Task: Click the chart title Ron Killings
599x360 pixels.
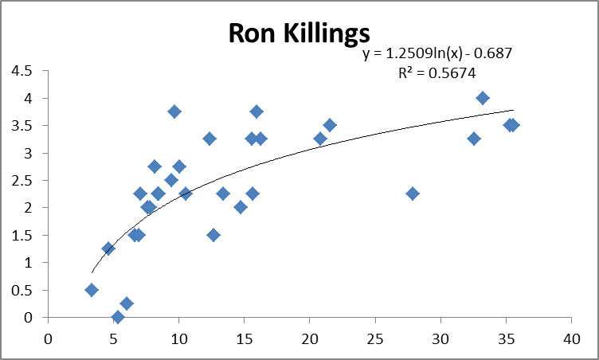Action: pyautogui.click(x=299, y=33)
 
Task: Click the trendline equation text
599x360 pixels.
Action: pyautogui.click(x=437, y=54)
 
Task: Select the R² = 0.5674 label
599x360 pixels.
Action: pyautogui.click(x=437, y=72)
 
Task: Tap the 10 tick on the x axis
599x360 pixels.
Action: pyautogui.click(x=179, y=338)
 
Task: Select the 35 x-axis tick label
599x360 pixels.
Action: pyautogui.click(x=506, y=338)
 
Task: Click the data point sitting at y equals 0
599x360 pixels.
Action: pyautogui.click(x=118, y=317)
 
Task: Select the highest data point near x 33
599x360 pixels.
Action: pyautogui.click(x=483, y=98)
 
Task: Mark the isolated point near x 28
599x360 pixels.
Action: pyautogui.click(x=413, y=194)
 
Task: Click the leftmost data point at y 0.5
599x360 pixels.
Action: pyautogui.click(x=92, y=290)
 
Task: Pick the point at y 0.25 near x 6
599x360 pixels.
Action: pyautogui.click(x=127, y=303)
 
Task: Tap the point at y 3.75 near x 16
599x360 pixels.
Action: pyautogui.click(x=256, y=112)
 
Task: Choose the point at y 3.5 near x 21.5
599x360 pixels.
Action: pyautogui.click(x=330, y=125)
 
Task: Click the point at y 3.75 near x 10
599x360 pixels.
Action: pyautogui.click(x=174, y=112)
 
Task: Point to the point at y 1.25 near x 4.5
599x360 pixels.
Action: pyautogui.click(x=108, y=248)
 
